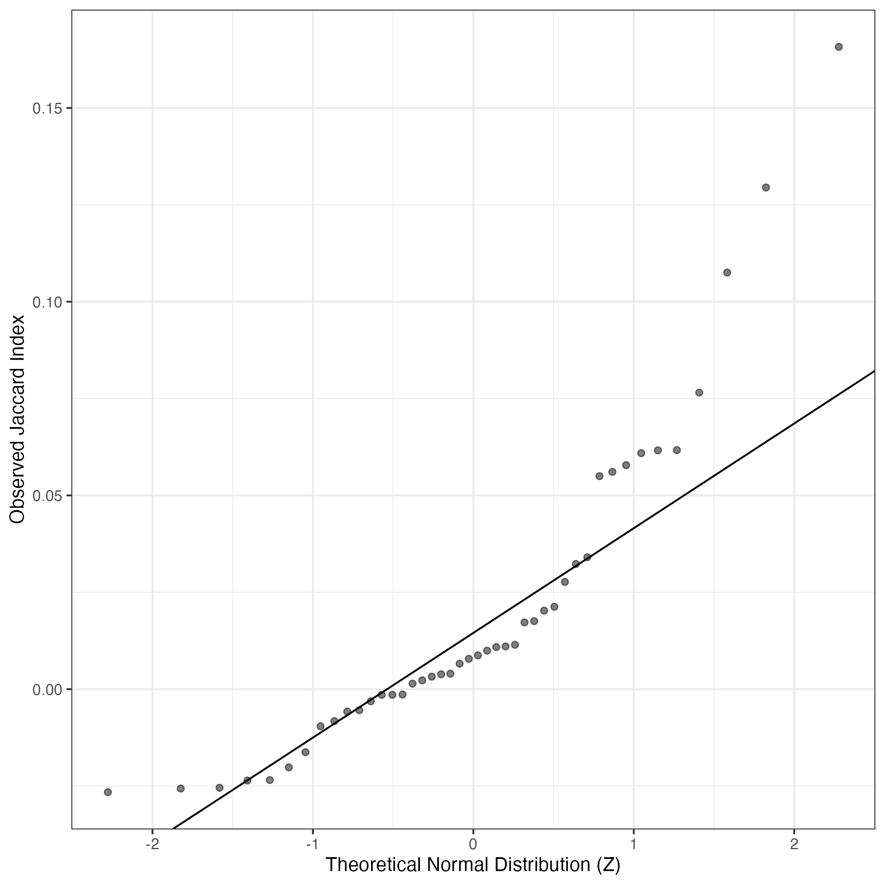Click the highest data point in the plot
point(839,47)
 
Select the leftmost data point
point(108,792)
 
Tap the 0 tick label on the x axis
point(473,844)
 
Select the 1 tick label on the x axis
point(634,844)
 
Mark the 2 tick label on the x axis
point(794,844)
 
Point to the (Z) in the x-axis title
point(608,865)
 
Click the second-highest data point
point(765,187)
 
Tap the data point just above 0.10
point(726,272)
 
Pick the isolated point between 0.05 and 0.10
point(699,393)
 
